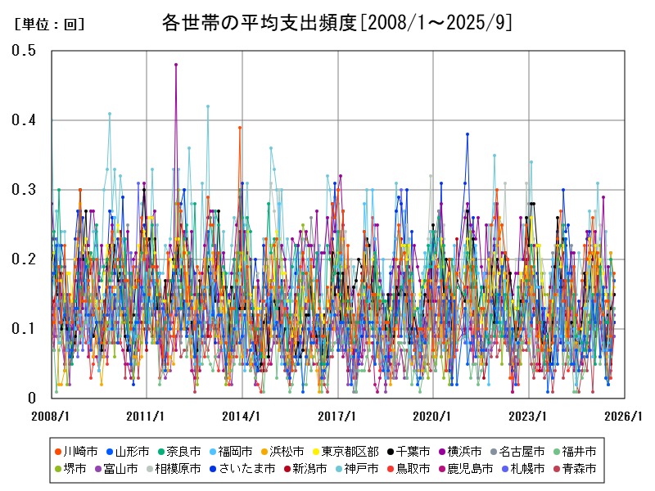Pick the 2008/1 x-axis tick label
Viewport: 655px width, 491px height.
(x=51, y=416)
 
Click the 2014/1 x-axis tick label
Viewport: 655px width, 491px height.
(x=242, y=416)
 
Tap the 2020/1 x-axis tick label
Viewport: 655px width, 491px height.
(x=433, y=416)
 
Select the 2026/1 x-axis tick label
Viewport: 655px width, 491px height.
(x=624, y=416)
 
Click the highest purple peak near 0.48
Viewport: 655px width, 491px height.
(x=176, y=65)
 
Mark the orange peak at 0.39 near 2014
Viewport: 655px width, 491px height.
(x=240, y=128)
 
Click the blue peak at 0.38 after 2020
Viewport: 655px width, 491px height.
(x=468, y=134)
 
